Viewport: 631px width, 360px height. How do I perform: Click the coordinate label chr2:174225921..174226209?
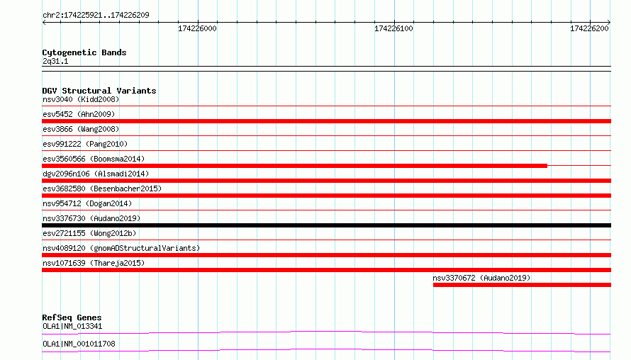coord(96,16)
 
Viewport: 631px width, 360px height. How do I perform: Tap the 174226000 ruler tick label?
coord(197,28)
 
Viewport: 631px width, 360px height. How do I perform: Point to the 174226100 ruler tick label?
coord(393,28)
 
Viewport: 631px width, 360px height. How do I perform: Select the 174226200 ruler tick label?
coord(590,28)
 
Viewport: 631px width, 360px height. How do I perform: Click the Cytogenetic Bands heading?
coord(84,52)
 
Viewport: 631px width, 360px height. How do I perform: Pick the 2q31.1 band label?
coord(55,62)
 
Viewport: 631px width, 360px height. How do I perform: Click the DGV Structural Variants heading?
coord(99,91)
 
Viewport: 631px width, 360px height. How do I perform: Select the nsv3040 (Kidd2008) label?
coord(81,99)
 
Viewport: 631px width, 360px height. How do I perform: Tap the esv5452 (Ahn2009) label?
coord(79,114)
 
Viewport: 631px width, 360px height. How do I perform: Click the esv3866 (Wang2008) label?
coord(81,129)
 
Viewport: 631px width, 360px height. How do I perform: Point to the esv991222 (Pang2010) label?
coord(85,144)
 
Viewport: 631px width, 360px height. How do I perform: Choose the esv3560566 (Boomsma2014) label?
coord(94,159)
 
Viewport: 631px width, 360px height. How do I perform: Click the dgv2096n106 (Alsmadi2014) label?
coord(96,174)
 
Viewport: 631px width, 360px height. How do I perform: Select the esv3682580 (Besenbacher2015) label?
coord(102,189)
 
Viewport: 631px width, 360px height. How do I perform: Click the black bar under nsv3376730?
coord(326,225)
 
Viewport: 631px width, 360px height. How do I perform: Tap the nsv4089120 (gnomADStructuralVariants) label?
coord(121,248)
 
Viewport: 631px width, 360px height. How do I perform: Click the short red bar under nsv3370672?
coord(522,285)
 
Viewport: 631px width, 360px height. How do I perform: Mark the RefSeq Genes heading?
coord(72,317)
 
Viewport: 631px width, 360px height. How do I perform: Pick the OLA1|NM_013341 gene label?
coord(72,326)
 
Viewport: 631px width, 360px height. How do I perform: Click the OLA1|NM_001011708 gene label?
coord(79,344)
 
